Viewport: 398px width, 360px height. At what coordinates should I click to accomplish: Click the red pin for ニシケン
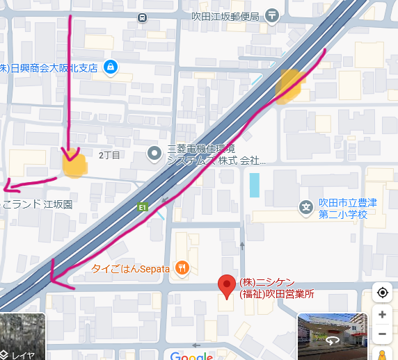coord(225,285)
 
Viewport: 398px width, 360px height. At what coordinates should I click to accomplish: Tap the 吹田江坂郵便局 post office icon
coord(271,15)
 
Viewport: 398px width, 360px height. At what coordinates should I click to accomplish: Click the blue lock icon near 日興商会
coord(109,67)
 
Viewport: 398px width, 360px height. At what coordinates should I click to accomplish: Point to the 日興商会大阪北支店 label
coord(49,67)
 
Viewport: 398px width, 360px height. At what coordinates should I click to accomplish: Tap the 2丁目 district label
coord(110,154)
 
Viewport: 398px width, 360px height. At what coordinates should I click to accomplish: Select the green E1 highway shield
coord(143,206)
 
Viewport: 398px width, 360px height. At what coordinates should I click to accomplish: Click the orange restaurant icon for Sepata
coord(182,267)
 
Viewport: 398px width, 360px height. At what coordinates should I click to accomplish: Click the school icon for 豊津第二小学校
coord(305,207)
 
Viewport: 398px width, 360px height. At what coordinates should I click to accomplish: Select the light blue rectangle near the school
coord(255,184)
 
